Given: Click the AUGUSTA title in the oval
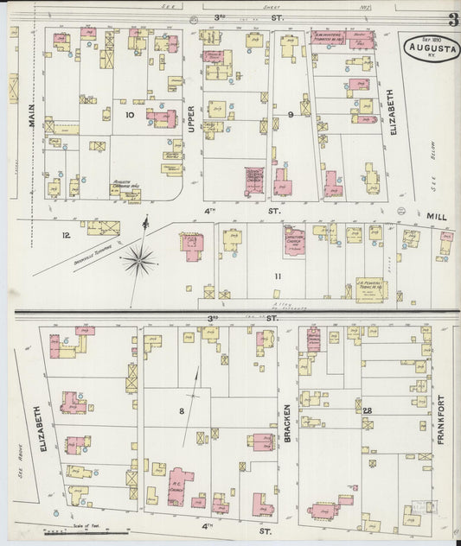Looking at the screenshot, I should click(x=430, y=49).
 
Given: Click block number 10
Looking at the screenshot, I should click(x=130, y=114).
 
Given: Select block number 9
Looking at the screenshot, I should click(x=291, y=114).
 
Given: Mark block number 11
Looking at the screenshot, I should click(x=278, y=276).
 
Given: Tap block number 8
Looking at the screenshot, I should click(x=182, y=411).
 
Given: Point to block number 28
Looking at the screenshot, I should click(x=367, y=409).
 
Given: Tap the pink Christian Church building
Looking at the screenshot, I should click(x=294, y=242).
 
